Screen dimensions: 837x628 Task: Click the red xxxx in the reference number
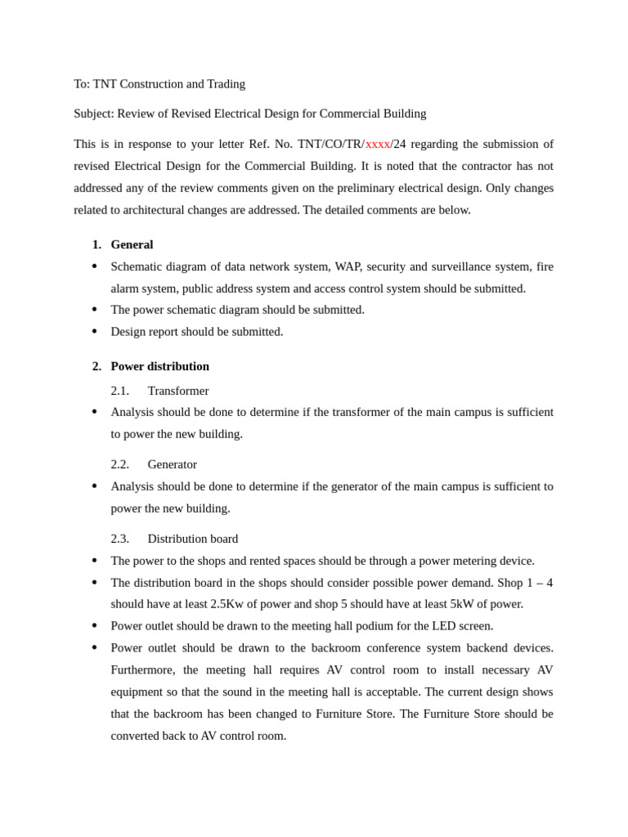click(x=377, y=144)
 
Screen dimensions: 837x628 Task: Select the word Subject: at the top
click(x=94, y=114)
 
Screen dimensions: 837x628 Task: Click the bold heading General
click(x=132, y=244)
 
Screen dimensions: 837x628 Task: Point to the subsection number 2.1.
click(x=119, y=391)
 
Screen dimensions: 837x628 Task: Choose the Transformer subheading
click(x=177, y=391)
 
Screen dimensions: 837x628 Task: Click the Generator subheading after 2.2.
click(x=172, y=464)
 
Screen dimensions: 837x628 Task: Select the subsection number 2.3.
click(x=119, y=539)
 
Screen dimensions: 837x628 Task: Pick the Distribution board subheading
click(x=192, y=539)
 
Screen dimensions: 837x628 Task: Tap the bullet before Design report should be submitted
click(x=95, y=332)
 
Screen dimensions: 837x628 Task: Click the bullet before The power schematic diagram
click(x=95, y=310)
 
